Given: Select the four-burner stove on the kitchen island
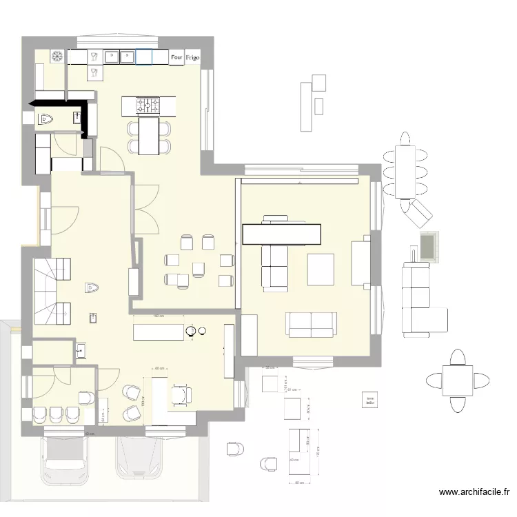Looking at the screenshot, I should coord(148,105).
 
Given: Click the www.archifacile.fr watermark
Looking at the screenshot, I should coord(474,492).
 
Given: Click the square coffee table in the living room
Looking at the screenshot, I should coord(321,270).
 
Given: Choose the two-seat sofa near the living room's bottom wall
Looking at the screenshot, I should coord(312,324).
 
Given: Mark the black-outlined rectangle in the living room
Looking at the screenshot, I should coord(281,234).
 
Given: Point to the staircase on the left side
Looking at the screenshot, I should coord(50,290).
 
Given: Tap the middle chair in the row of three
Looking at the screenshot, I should coord(56,414).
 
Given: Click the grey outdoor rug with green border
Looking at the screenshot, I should coord(429,246).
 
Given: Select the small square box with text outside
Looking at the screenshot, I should coord(370,399).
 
